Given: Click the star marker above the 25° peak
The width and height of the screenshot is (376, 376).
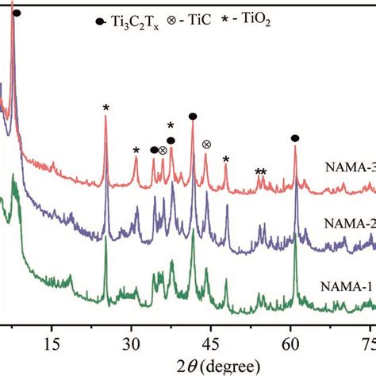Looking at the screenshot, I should point(106,109).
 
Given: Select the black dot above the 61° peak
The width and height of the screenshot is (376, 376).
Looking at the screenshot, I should point(295,138).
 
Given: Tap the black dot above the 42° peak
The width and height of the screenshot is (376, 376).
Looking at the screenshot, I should point(192,117).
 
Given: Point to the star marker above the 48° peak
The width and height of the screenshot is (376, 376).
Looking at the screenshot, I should point(226,160).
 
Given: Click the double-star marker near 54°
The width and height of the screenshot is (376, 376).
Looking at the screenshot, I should point(260,173).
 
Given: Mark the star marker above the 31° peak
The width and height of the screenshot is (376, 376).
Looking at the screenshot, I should point(136,152).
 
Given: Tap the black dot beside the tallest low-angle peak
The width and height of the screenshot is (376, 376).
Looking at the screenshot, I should point(17,13).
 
